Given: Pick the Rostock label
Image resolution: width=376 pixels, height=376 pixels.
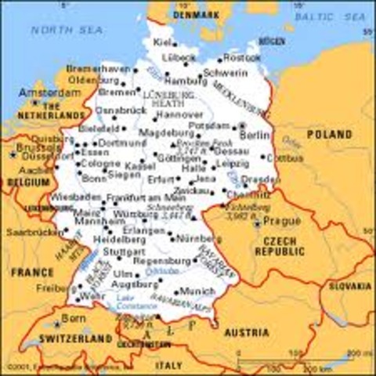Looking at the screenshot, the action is (x=241, y=58).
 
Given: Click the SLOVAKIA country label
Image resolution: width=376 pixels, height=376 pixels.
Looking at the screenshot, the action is (x=349, y=287).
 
